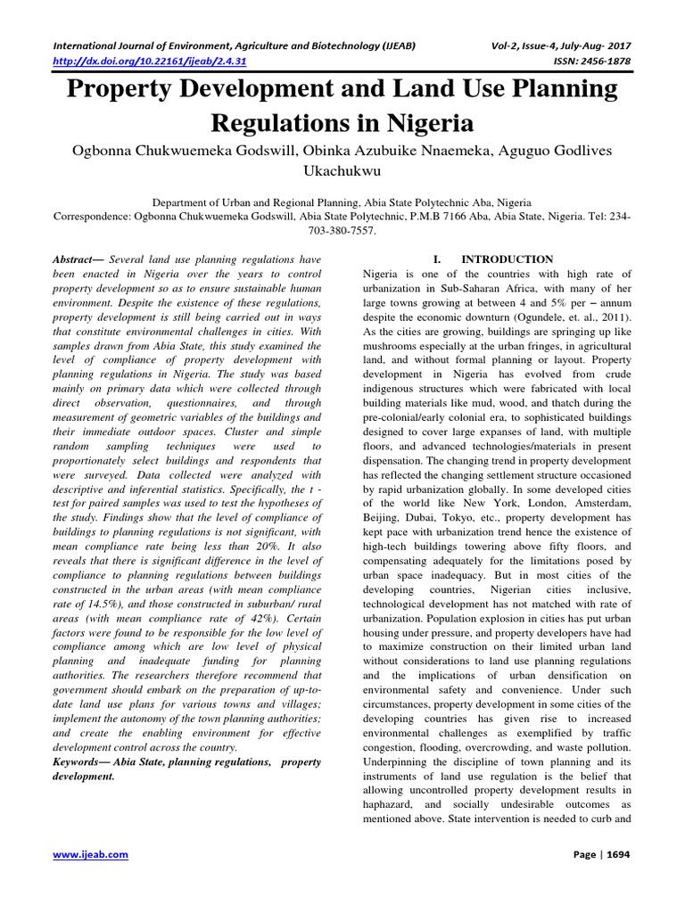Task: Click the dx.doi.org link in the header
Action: [151, 61]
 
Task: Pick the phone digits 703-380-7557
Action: [342, 229]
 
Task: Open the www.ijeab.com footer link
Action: [91, 854]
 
